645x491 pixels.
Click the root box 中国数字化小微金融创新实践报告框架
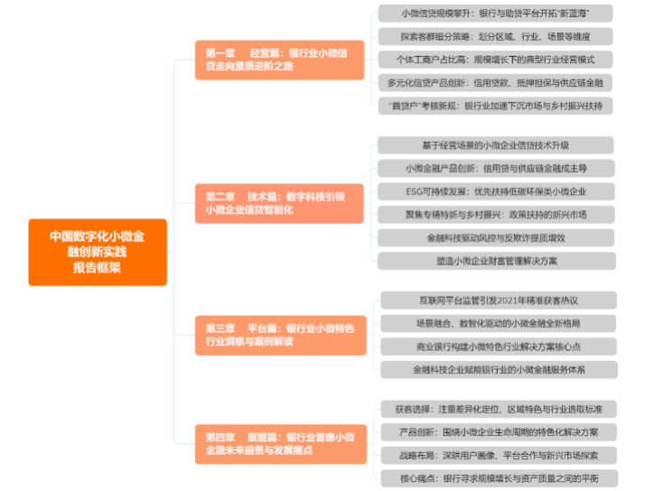click(x=98, y=252)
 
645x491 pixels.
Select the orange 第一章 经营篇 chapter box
click(x=279, y=60)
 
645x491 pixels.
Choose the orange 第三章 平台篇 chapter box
click(x=279, y=335)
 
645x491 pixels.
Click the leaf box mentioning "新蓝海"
click(x=495, y=14)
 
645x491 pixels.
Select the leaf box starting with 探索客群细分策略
click(x=495, y=37)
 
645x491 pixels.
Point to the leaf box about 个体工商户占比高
click(x=495, y=60)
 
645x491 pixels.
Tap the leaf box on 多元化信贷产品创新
click(x=495, y=83)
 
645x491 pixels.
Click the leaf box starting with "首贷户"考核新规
click(x=495, y=106)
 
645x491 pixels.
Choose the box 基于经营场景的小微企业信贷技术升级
click(x=495, y=145)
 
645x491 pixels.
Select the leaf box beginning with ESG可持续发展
click(x=495, y=191)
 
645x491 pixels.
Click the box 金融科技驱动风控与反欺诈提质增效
click(x=495, y=237)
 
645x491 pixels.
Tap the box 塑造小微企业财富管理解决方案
click(x=495, y=261)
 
